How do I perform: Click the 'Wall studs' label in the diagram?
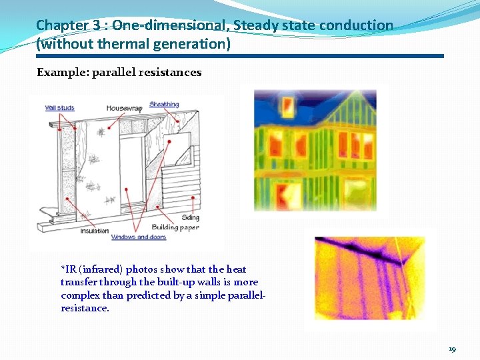(60, 107)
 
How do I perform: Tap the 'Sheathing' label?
(164, 104)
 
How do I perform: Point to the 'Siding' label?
(189, 218)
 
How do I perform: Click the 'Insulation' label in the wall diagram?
(95, 231)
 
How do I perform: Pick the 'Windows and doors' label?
(139, 237)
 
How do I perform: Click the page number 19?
(453, 349)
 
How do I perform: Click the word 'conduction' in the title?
(356, 25)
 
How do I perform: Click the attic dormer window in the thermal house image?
(287, 105)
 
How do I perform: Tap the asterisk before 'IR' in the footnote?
(63, 269)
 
